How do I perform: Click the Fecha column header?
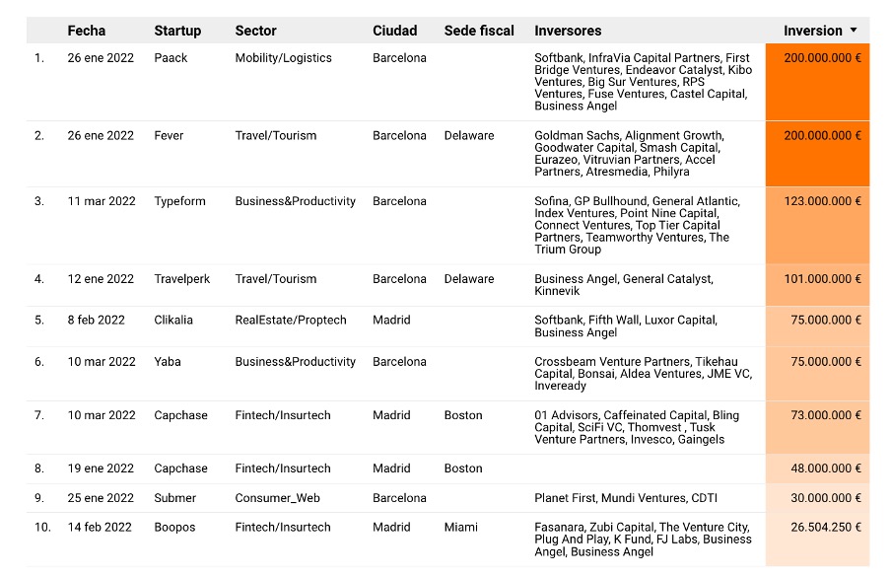coord(86,31)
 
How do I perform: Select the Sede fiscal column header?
coord(479,31)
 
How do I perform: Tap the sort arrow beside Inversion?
coord(853,31)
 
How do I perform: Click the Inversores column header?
coord(568,31)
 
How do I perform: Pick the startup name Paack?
coord(171,58)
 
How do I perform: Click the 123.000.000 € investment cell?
coord(822,201)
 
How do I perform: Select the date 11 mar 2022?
coord(102,201)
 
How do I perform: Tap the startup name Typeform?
coord(179,201)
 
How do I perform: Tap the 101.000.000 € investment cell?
coord(822,279)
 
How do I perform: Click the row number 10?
coord(41,528)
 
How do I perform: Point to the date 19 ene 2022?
coord(101,468)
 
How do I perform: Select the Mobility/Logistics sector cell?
coord(283,58)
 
